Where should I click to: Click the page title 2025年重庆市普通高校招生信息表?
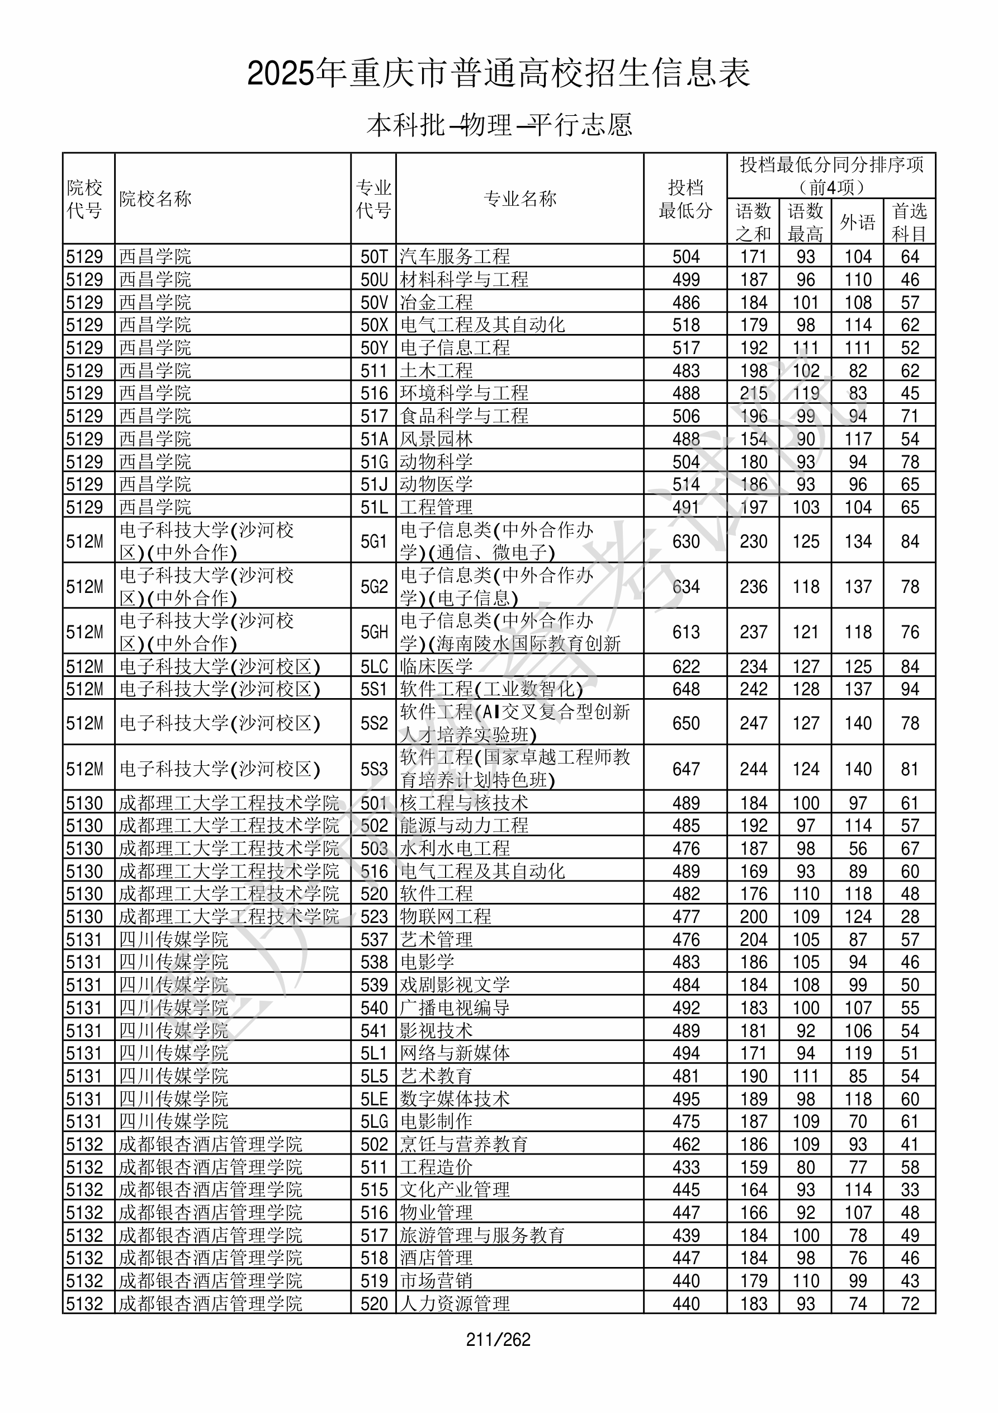click(x=498, y=73)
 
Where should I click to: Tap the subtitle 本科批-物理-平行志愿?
click(x=498, y=125)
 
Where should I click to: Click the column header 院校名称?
click(x=155, y=199)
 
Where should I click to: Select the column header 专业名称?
click(x=520, y=199)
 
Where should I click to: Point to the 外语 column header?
click(x=857, y=222)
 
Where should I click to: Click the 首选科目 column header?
click(x=910, y=222)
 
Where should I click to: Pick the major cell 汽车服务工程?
click(x=455, y=256)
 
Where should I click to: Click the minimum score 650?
click(x=685, y=723)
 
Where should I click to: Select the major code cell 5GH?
click(x=373, y=632)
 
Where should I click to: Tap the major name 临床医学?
click(x=436, y=666)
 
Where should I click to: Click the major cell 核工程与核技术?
click(x=464, y=803)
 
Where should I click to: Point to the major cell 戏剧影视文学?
click(x=455, y=985)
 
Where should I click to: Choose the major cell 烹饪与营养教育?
click(x=464, y=1144)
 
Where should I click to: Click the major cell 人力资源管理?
click(x=455, y=1303)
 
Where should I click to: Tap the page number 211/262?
click(x=498, y=1340)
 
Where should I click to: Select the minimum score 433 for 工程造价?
click(x=685, y=1167)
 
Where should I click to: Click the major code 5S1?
click(x=373, y=689)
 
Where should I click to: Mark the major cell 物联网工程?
click(x=446, y=916)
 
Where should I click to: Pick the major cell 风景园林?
click(x=436, y=439)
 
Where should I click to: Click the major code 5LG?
click(x=373, y=1122)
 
